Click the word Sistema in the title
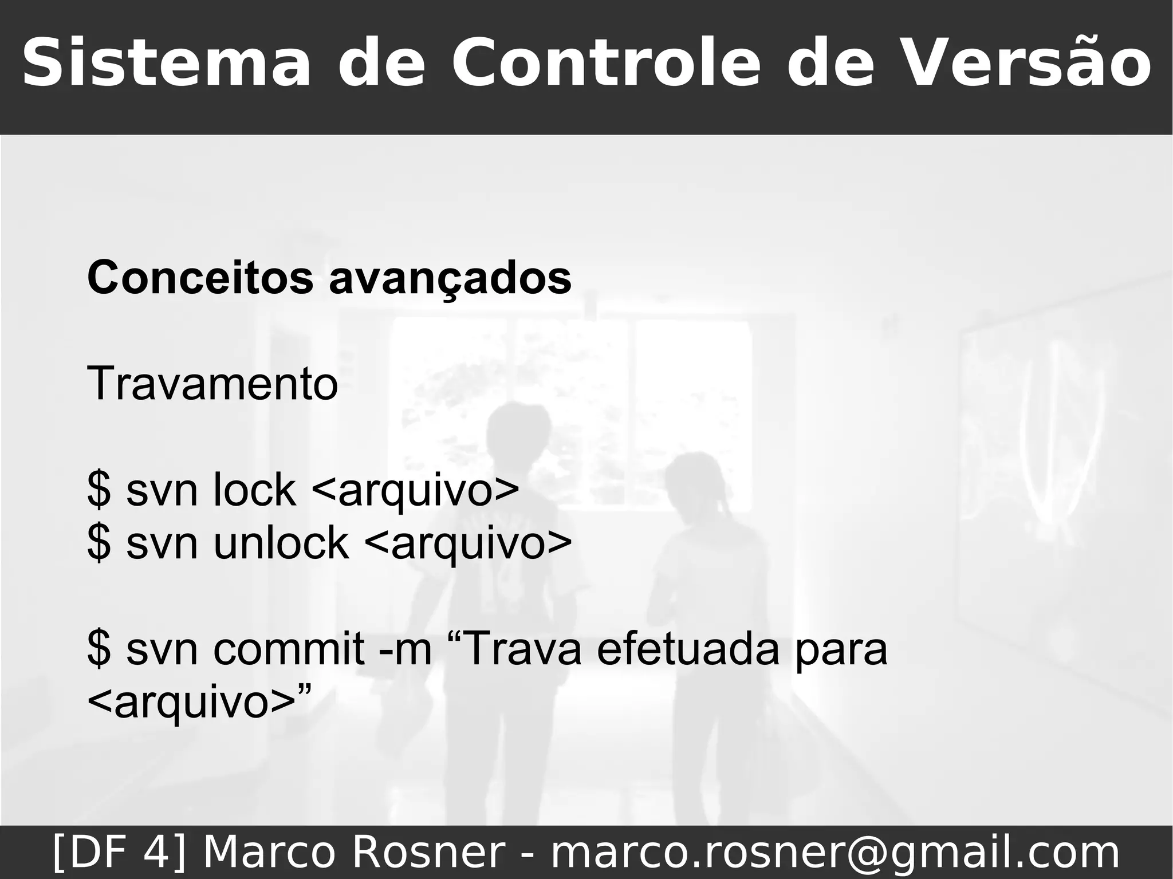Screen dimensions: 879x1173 point(166,63)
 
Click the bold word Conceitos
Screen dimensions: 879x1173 point(200,278)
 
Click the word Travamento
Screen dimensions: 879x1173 point(212,384)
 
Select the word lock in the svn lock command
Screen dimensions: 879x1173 point(254,490)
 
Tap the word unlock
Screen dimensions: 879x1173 point(281,543)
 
